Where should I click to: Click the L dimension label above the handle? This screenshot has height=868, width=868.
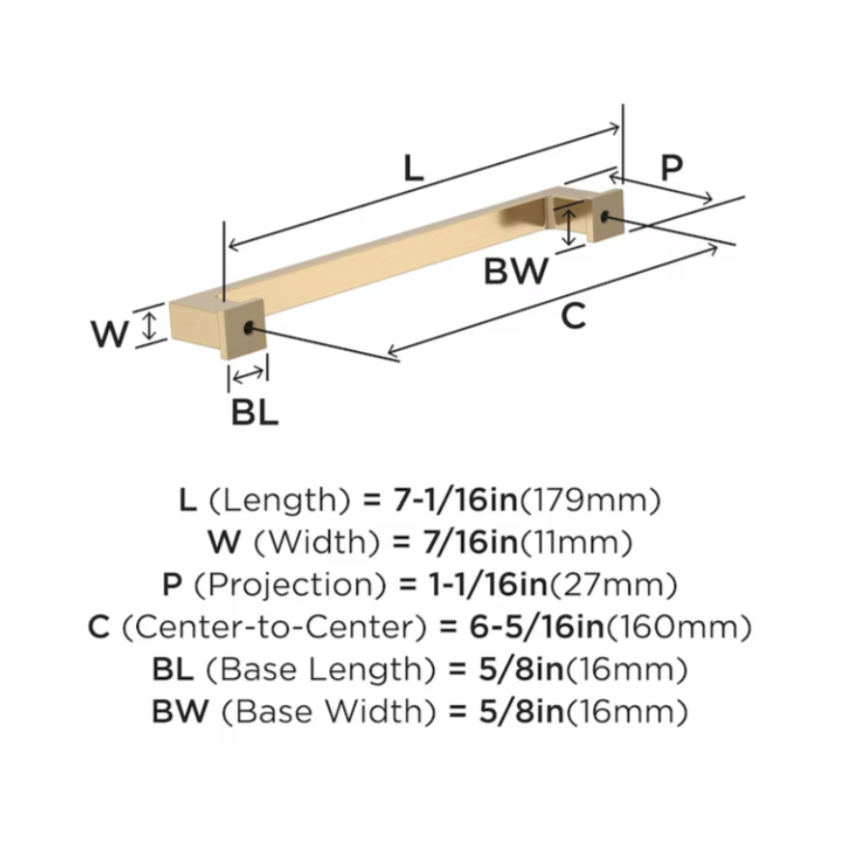coord(413,169)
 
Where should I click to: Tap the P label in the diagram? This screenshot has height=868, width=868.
coord(671,168)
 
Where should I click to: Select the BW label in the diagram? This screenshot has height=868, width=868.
coord(516,271)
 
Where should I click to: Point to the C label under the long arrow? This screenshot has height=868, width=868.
coord(573,315)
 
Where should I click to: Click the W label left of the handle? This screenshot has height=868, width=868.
coord(109,335)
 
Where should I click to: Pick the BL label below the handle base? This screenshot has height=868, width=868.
coord(255,412)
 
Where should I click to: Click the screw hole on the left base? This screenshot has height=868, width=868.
coord(251,329)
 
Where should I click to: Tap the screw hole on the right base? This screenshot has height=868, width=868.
coord(606,218)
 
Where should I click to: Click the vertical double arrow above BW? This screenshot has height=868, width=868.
coord(571,228)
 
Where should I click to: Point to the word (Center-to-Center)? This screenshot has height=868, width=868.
coord(274,628)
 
